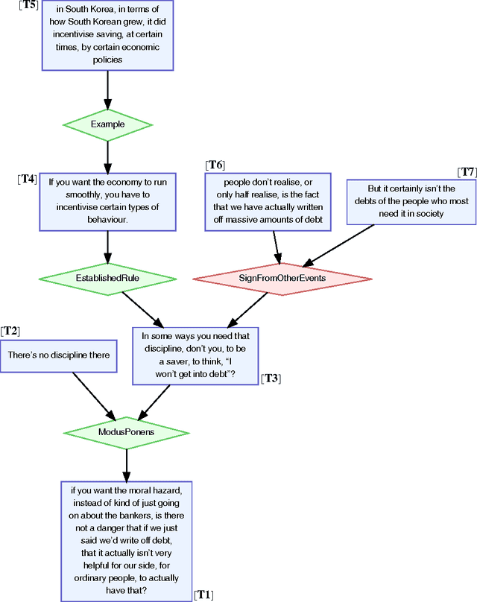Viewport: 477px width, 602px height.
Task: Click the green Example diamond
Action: tap(107, 124)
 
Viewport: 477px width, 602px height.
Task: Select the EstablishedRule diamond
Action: tap(107, 278)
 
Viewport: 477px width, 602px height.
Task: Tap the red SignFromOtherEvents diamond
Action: tap(282, 278)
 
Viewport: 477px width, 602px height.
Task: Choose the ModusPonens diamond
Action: tap(126, 432)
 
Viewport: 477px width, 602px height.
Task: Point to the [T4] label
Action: tap(27, 179)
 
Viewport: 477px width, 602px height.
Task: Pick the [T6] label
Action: tap(215, 164)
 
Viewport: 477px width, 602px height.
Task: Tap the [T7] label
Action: tap(467, 172)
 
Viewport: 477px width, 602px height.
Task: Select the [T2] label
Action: tap(10, 331)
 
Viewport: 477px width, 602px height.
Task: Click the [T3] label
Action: tap(271, 378)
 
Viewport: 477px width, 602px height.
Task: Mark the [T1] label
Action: tap(203, 594)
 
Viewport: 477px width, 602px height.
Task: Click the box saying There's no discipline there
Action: tap(59, 355)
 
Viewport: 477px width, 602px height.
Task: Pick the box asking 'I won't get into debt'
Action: tap(195, 355)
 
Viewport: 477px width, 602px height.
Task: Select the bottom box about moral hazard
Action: tap(126, 540)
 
